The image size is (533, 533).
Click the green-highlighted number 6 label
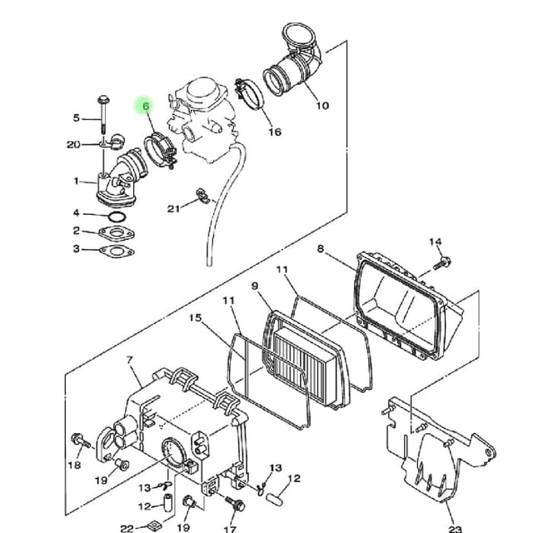point(146,107)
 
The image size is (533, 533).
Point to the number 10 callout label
point(322,106)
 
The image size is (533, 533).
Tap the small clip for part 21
point(200,198)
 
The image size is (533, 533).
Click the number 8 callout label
point(320,248)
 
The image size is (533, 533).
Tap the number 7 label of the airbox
point(130,360)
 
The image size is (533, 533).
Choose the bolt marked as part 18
point(77,439)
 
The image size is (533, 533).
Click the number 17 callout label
point(231,529)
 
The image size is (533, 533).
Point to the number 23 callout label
point(455,528)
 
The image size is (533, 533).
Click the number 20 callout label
point(73,144)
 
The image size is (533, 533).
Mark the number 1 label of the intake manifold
point(76,181)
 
